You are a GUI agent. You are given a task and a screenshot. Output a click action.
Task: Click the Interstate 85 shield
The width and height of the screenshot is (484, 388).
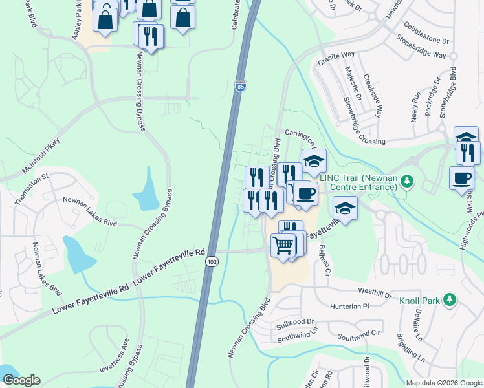point(239,85)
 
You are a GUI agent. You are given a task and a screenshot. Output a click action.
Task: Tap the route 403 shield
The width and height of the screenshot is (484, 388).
point(212,261)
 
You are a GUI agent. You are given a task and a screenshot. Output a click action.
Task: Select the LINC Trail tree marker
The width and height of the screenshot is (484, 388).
point(406,179)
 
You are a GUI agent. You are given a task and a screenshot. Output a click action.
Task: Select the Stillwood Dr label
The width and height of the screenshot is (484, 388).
point(295,321)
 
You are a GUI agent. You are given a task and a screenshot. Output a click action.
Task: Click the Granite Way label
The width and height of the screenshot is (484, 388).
point(336,60)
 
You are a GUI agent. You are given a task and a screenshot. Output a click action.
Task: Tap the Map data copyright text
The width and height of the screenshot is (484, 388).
point(445,382)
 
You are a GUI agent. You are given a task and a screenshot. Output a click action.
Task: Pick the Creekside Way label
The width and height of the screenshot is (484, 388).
point(370,94)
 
